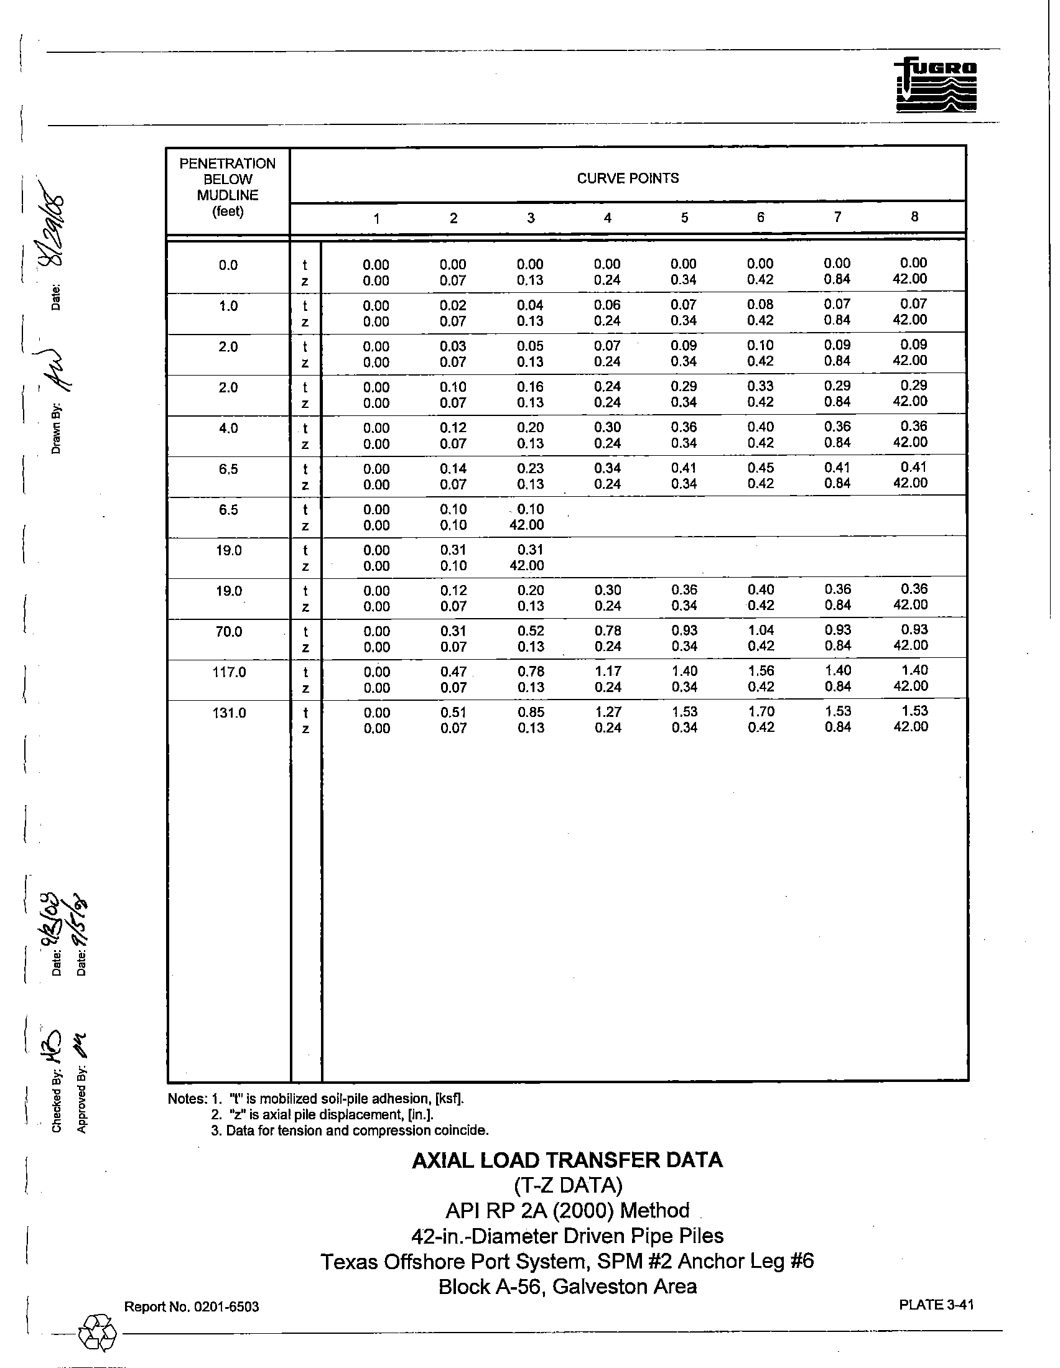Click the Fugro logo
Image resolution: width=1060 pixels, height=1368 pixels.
936,85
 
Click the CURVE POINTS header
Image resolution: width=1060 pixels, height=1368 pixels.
627,178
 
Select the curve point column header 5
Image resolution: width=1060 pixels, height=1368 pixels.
684,218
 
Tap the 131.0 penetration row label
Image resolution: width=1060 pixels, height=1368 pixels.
229,713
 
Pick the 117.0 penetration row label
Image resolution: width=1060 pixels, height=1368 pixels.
229,672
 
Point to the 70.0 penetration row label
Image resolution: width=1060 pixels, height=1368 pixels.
229,631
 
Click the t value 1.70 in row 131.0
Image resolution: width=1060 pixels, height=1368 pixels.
761,711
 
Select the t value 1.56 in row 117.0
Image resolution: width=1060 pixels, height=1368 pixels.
761,671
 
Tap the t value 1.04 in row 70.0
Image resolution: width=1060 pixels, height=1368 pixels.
761,630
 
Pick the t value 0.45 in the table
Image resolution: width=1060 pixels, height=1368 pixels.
761,468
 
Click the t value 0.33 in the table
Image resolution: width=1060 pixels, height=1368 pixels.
761,386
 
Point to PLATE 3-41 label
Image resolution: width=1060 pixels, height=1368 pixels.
936,1304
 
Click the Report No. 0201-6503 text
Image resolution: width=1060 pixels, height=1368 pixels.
191,1306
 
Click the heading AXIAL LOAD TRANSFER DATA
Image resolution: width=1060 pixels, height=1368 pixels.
567,1160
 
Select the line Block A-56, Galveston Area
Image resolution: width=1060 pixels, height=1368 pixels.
567,1286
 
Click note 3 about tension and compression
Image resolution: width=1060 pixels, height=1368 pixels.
350,1130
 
